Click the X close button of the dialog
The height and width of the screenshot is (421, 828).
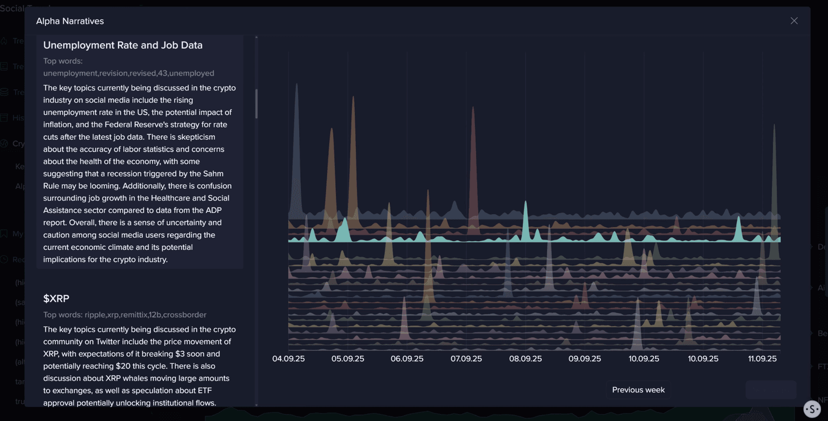coord(794,21)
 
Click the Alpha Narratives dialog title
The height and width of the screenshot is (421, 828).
coord(70,21)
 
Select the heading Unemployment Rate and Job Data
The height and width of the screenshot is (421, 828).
coord(123,45)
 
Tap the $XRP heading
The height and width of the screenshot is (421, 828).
coord(57,299)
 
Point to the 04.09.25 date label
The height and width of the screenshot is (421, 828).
coord(288,359)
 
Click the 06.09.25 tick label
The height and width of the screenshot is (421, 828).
coord(407,359)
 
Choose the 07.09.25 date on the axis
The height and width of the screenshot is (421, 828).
coord(466,359)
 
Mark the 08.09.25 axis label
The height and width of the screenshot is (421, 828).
coord(526,359)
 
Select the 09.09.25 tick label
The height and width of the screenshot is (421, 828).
coord(585,359)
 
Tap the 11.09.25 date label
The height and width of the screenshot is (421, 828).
coord(762,359)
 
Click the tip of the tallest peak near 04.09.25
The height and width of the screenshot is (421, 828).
coord(296,85)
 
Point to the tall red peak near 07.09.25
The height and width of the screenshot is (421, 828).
coord(473,108)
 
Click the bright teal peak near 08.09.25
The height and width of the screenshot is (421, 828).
coord(526,203)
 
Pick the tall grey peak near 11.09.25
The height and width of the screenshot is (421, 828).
coord(774,126)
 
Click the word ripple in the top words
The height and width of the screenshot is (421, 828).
coord(95,315)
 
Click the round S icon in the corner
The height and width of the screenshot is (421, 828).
coord(812,409)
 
